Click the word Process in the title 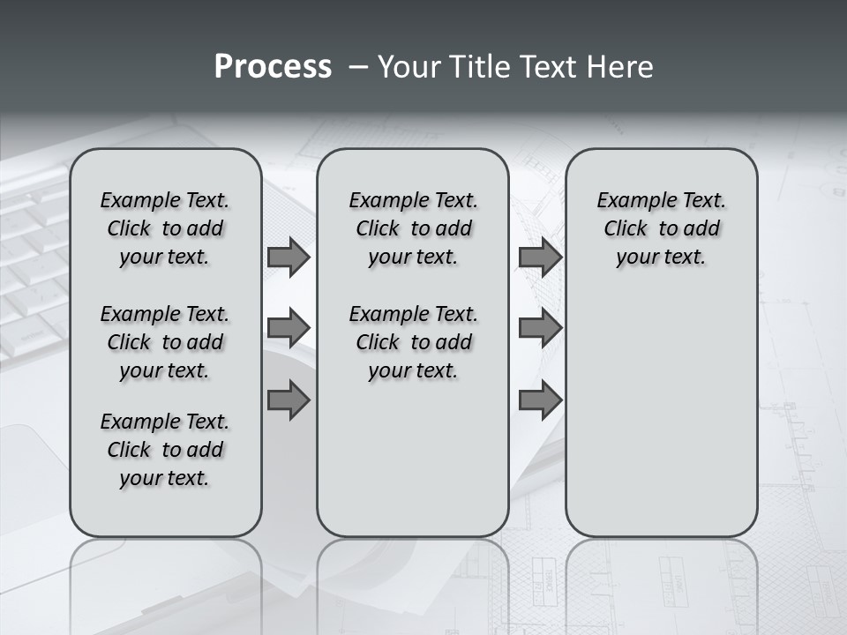tap(273, 67)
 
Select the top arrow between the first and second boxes tap(288, 257)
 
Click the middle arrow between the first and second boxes tap(288, 328)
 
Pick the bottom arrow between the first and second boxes tap(288, 400)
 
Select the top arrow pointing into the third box tap(540, 257)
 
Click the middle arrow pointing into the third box tap(540, 328)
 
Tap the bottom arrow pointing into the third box tap(540, 400)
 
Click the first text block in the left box tap(165, 228)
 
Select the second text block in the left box tap(165, 342)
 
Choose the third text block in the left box tap(165, 450)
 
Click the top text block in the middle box tap(413, 228)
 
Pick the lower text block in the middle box tap(413, 342)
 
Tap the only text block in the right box tap(661, 228)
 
